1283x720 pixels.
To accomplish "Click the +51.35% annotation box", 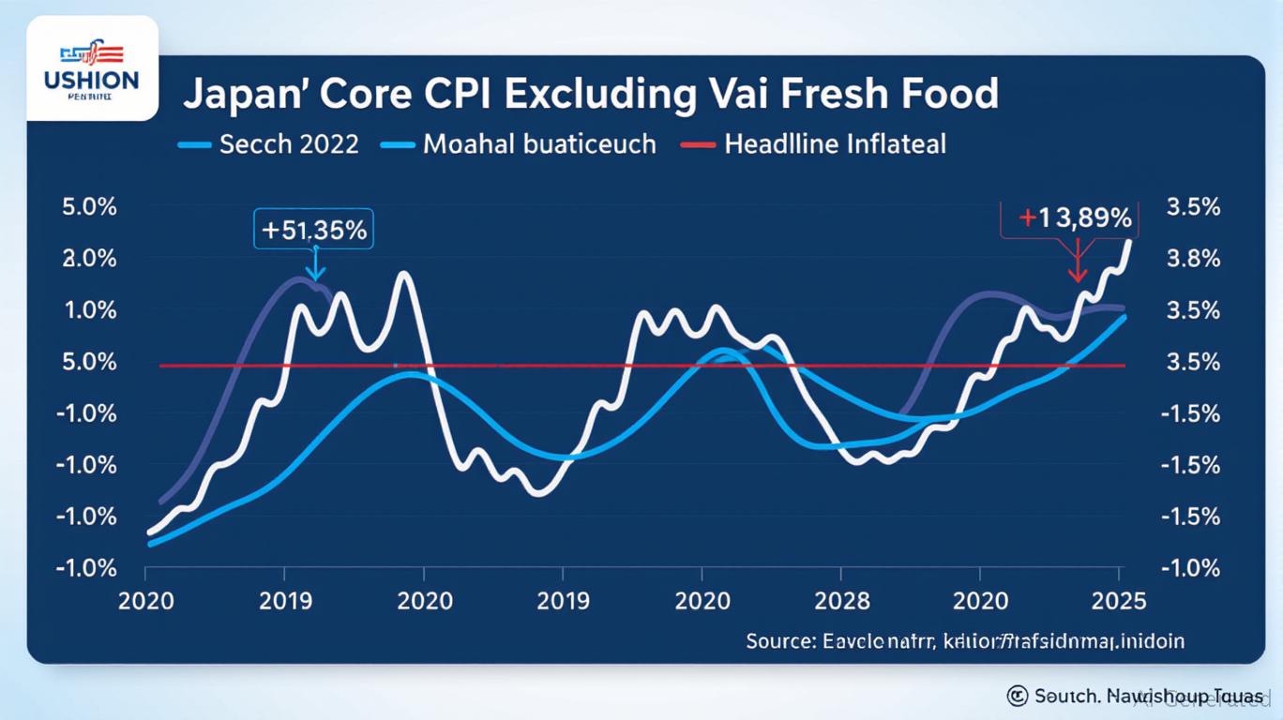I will click(x=314, y=229).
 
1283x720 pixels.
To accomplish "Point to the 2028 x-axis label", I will click(x=842, y=600).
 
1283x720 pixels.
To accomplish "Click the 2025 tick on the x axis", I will click(x=1119, y=600).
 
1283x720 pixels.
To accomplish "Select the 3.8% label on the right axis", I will click(x=1191, y=259).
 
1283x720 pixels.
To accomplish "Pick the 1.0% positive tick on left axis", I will click(x=89, y=310).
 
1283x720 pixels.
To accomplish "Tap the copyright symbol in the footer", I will click(x=1017, y=696).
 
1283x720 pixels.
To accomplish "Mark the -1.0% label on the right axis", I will click(x=1191, y=568).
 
